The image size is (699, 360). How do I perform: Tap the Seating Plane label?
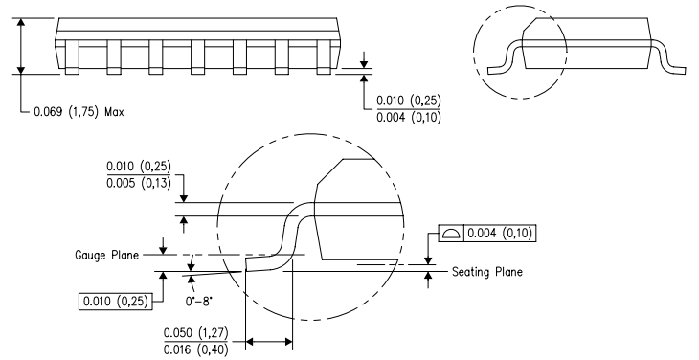(x=486, y=272)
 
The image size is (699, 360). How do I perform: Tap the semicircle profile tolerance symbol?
(x=451, y=233)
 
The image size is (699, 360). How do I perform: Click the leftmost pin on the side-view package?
(x=71, y=56)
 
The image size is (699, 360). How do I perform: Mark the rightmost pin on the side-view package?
(x=325, y=56)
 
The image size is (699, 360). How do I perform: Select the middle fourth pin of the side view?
(x=198, y=56)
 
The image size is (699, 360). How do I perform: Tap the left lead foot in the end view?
(x=498, y=68)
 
